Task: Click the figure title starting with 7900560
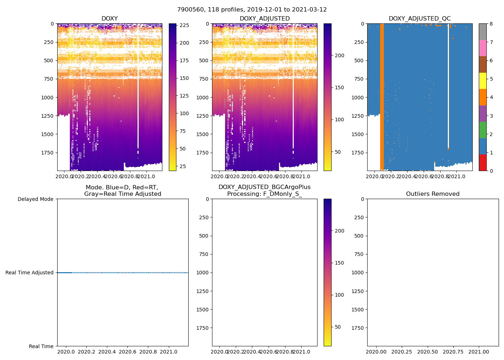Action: (252, 10)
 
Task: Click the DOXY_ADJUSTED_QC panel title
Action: (419, 19)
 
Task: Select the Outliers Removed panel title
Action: (433, 194)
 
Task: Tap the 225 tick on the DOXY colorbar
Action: (184, 26)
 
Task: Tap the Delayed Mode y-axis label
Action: (35, 199)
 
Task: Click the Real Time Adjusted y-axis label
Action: (30, 273)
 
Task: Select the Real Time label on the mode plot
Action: (41, 346)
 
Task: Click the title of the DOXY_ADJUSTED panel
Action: (265, 19)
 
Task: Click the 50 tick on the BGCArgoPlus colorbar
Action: (338, 327)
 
